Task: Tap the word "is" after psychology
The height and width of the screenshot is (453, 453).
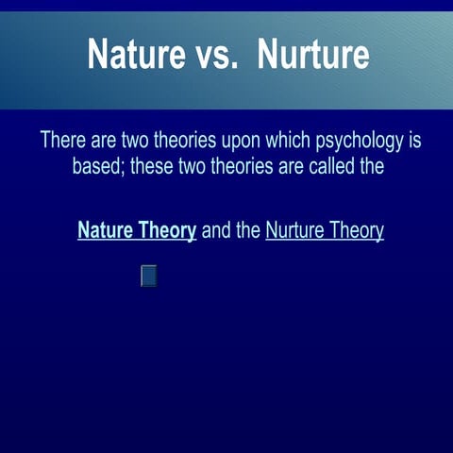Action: tap(413, 142)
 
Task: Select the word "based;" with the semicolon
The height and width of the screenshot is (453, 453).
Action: tap(99, 168)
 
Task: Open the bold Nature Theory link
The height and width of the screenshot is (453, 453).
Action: tap(137, 231)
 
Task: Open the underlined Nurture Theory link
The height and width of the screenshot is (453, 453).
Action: tap(325, 231)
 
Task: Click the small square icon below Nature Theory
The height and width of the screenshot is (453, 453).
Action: tap(148, 276)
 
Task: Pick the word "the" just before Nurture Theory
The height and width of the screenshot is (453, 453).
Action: tap(249, 231)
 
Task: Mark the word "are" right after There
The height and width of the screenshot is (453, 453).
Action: tap(104, 142)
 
